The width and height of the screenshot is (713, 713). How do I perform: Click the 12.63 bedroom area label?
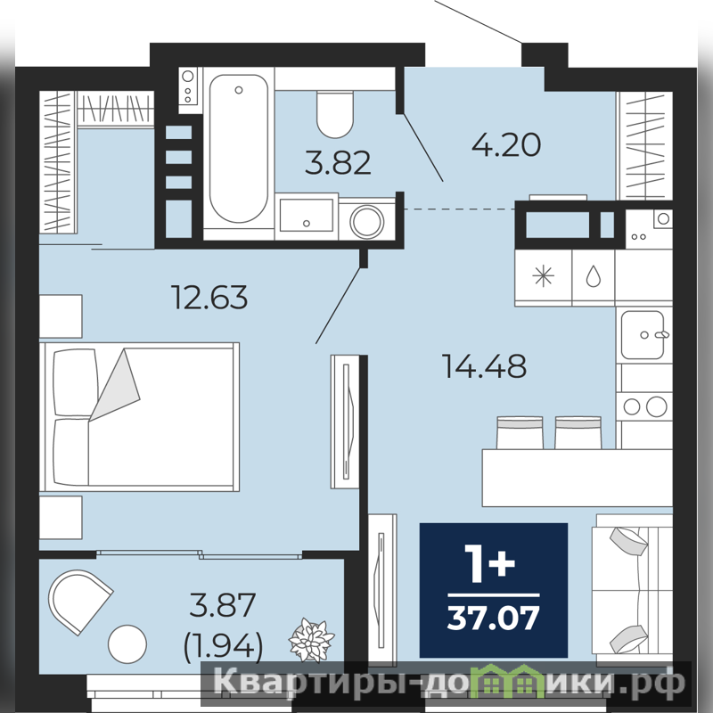click(x=209, y=298)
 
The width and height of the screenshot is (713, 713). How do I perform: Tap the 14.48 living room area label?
click(x=484, y=366)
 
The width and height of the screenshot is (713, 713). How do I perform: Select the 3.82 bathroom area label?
click(x=338, y=163)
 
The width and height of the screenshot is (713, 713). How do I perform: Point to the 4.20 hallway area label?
click(x=506, y=144)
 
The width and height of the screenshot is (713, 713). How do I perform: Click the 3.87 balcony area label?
click(x=223, y=604)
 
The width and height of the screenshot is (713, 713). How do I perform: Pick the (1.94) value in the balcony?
click(x=223, y=646)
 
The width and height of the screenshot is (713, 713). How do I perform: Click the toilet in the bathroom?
click(x=335, y=114)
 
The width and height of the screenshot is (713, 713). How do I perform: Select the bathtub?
click(x=238, y=148)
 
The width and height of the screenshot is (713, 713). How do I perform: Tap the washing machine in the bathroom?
click(x=367, y=221)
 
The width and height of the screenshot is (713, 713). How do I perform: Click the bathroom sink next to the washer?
click(x=306, y=216)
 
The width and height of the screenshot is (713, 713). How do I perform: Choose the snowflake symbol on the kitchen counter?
click(x=544, y=276)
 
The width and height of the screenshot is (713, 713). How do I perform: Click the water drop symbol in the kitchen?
click(x=593, y=276)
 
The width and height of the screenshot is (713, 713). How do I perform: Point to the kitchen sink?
click(x=643, y=335)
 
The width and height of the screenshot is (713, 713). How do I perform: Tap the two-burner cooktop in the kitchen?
click(x=643, y=406)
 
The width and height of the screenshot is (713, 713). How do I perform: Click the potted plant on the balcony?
click(x=311, y=640)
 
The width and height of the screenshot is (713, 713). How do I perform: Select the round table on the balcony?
click(x=127, y=643)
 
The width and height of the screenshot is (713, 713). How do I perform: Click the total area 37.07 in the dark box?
click(x=494, y=618)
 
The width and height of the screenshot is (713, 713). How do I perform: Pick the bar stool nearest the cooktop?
click(x=578, y=432)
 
